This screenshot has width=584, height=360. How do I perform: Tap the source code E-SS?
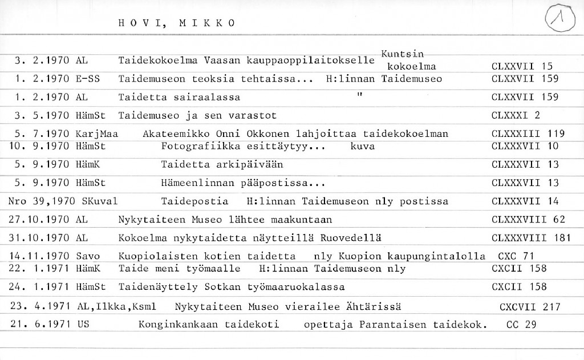point(88,79)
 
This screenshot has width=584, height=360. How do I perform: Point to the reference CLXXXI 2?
point(516,116)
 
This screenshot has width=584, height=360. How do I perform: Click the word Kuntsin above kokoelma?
point(402,54)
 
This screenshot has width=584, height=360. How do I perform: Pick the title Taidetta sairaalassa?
point(179,98)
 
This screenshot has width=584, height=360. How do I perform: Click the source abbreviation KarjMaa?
point(96,134)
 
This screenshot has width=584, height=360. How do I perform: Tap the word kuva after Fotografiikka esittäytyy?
point(363,147)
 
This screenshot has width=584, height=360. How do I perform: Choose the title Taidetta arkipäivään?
point(222,165)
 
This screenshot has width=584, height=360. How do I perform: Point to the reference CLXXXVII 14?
point(525,201)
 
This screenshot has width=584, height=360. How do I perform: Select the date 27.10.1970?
point(40,220)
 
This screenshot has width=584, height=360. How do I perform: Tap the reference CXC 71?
point(516,256)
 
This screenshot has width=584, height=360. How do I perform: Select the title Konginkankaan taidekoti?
point(209,325)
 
